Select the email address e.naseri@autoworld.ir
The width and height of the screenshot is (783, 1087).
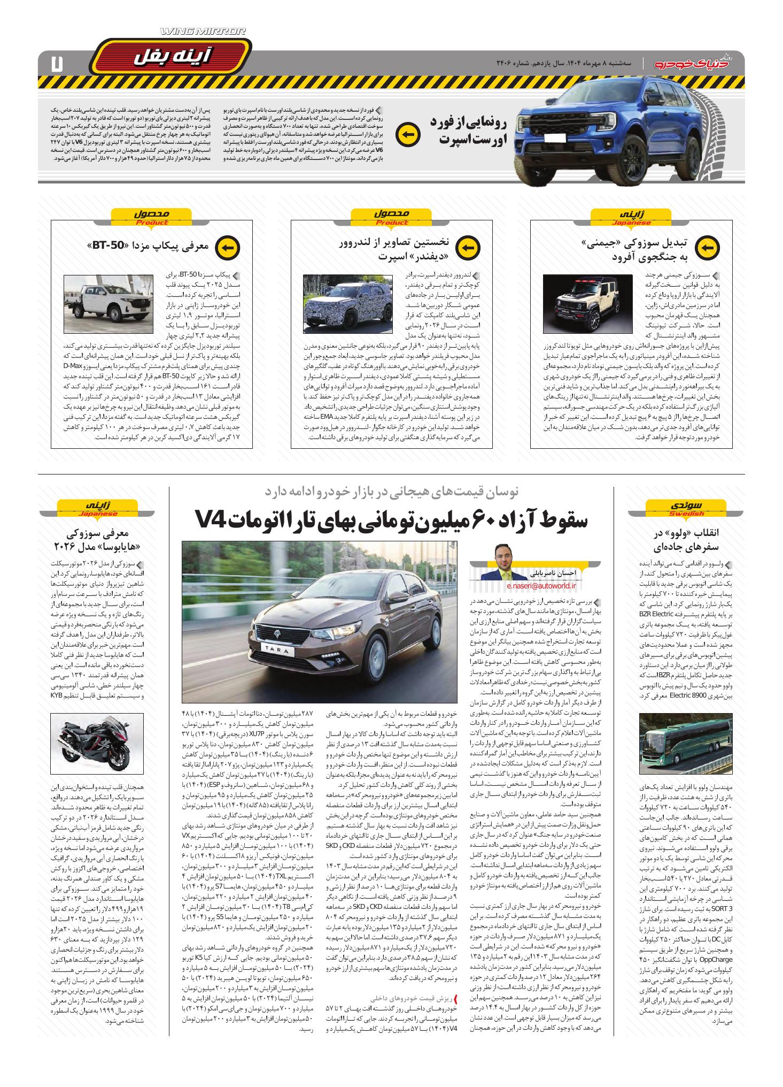(526, 586)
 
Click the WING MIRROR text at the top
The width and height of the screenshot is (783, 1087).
(203, 33)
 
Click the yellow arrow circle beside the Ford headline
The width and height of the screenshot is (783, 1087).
(407, 134)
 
